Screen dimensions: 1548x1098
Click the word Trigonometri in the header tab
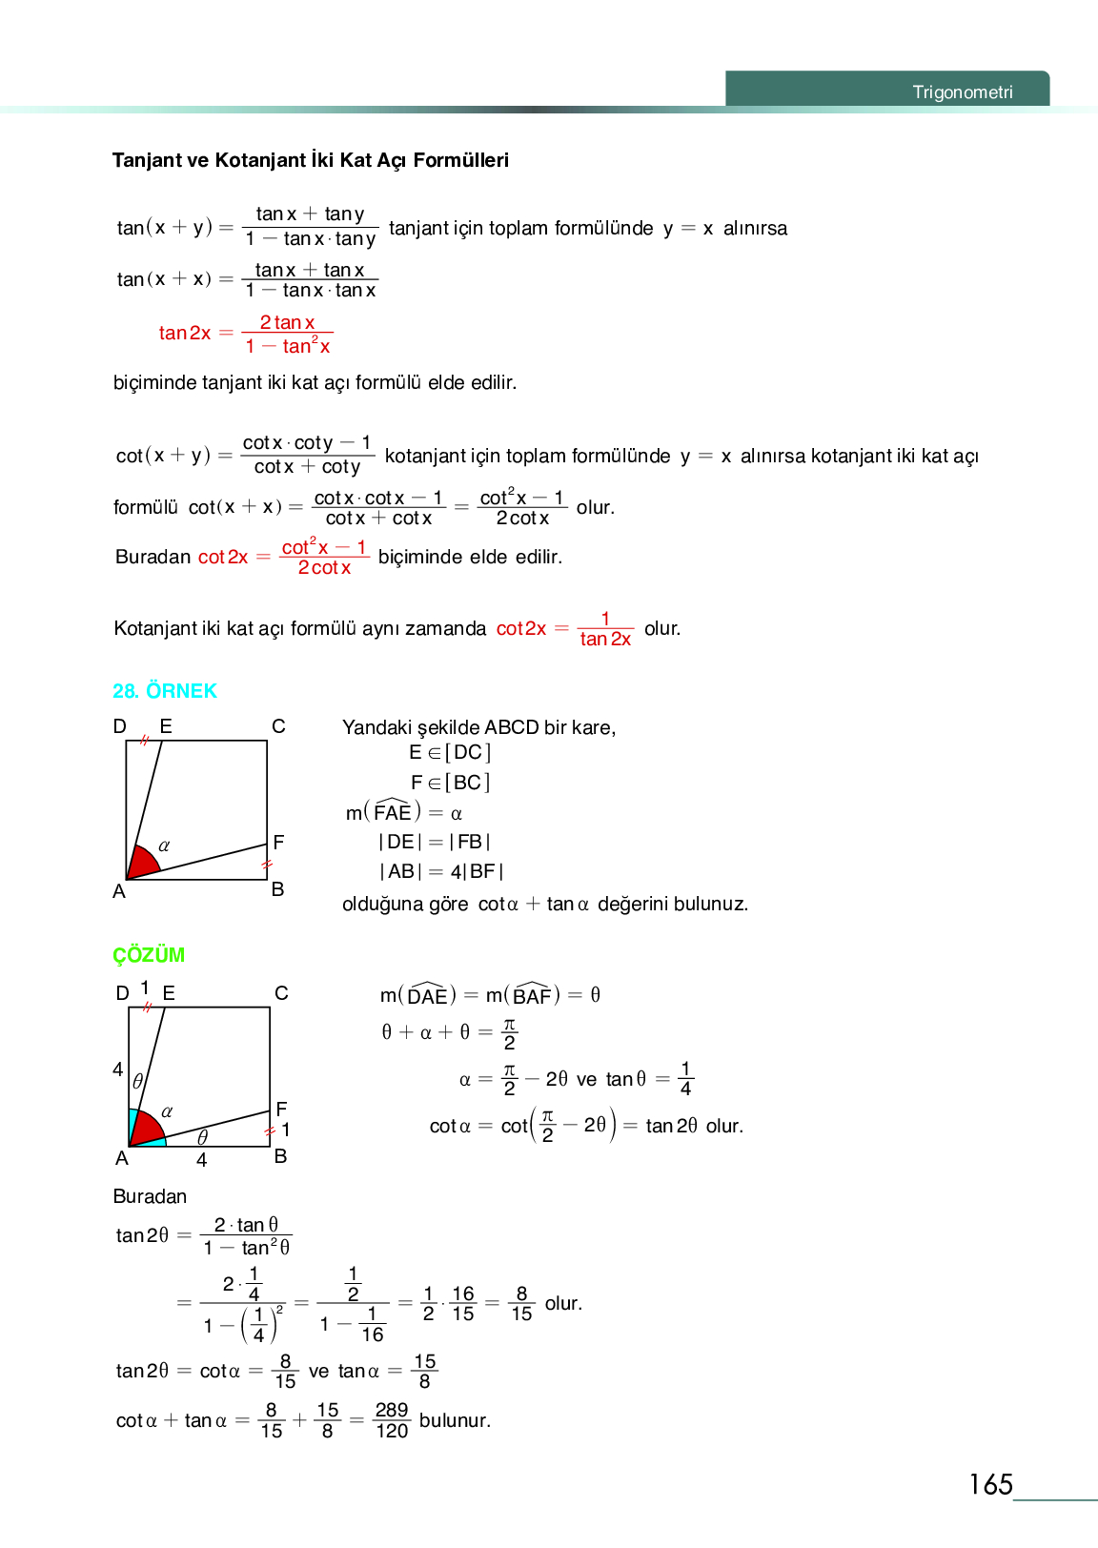coord(962,92)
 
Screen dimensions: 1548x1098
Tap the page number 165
coord(990,1484)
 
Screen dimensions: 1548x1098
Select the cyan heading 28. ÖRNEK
coord(164,691)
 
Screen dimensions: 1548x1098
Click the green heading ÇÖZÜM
coord(149,955)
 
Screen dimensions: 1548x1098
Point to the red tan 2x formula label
coord(185,333)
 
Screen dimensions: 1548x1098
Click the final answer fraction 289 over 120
coord(391,1420)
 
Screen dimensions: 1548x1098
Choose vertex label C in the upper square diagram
coord(278,726)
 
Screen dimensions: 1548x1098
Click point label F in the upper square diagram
coord(278,843)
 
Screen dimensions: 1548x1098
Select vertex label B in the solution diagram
coord(280,1156)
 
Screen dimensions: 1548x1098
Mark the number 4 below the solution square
coord(201,1160)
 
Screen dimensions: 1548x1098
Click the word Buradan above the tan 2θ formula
coord(150,1196)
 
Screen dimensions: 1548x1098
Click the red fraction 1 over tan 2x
coord(605,629)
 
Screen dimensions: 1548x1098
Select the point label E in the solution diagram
coord(169,993)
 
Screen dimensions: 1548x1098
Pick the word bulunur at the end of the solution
coord(455,1420)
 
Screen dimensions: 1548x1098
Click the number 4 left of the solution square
coord(118,1069)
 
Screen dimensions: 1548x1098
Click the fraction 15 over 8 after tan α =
coord(424,1371)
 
